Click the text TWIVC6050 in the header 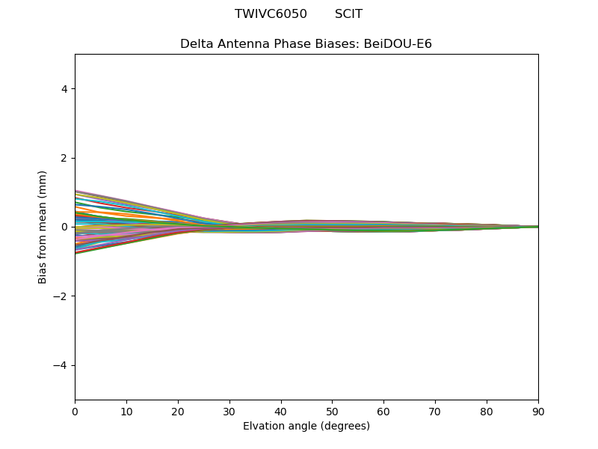click(x=271, y=14)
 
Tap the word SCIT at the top click(x=348, y=14)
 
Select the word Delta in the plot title click(x=197, y=44)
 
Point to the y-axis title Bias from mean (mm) click(x=43, y=227)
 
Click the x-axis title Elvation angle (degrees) click(x=306, y=427)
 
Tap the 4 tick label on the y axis click(x=64, y=89)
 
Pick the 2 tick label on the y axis click(x=64, y=158)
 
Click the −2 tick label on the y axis click(x=61, y=296)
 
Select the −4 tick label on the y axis click(x=61, y=365)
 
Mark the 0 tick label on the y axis click(x=64, y=227)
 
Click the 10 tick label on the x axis click(x=126, y=411)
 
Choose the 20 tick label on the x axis click(x=178, y=411)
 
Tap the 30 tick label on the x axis click(x=229, y=411)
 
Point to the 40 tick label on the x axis click(x=281, y=411)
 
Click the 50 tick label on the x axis click(x=332, y=411)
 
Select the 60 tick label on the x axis click(x=383, y=411)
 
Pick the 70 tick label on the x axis click(x=435, y=411)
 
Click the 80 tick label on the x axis click(x=487, y=411)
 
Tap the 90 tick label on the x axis click(x=538, y=411)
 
